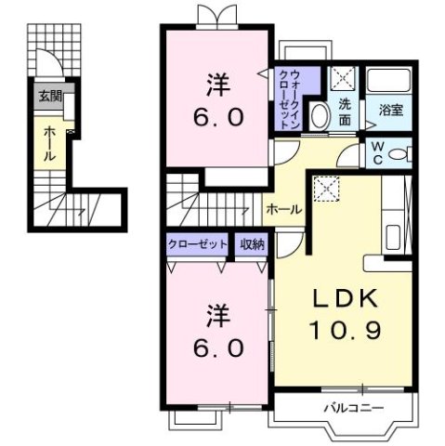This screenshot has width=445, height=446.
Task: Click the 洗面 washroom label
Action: coord(345,111)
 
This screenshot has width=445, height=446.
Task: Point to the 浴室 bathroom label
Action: coord(390,110)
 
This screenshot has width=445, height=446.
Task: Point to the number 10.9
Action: coord(344,328)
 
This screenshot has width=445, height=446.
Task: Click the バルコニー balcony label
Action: coord(348,407)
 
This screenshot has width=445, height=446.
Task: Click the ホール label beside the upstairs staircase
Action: coord(282,209)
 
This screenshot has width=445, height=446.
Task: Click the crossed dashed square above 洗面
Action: coord(344,79)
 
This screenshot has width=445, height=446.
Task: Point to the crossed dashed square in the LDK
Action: coord(327,190)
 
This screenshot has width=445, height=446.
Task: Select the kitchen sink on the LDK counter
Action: coord(391,232)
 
